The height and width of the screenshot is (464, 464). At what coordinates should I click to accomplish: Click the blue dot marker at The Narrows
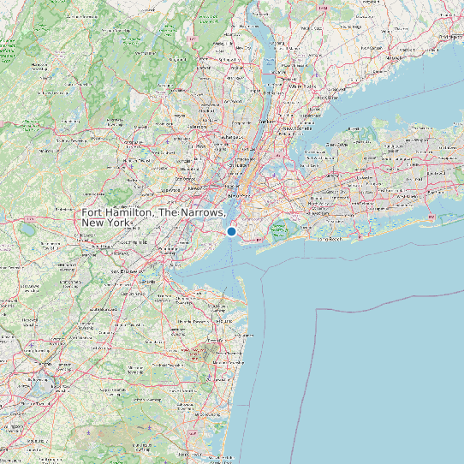pos(231,231)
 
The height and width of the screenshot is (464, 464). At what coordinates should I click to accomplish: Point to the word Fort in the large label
pos(93,212)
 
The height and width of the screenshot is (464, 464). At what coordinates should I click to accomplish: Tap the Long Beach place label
pos(330,239)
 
